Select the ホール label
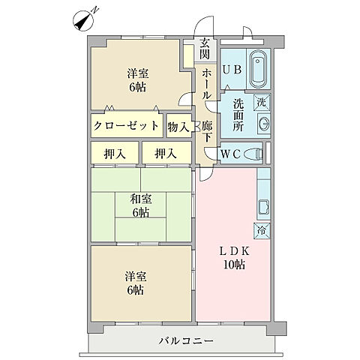pyautogui.click(x=205, y=82)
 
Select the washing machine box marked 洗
pyautogui.click(x=262, y=101)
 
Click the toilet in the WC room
pyautogui.click(x=253, y=153)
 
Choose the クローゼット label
pyautogui.click(x=126, y=125)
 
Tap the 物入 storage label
pyautogui.click(x=178, y=126)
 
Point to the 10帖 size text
pyautogui.click(x=232, y=265)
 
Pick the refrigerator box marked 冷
pyautogui.click(x=262, y=230)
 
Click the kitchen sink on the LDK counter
pyautogui.click(x=263, y=206)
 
